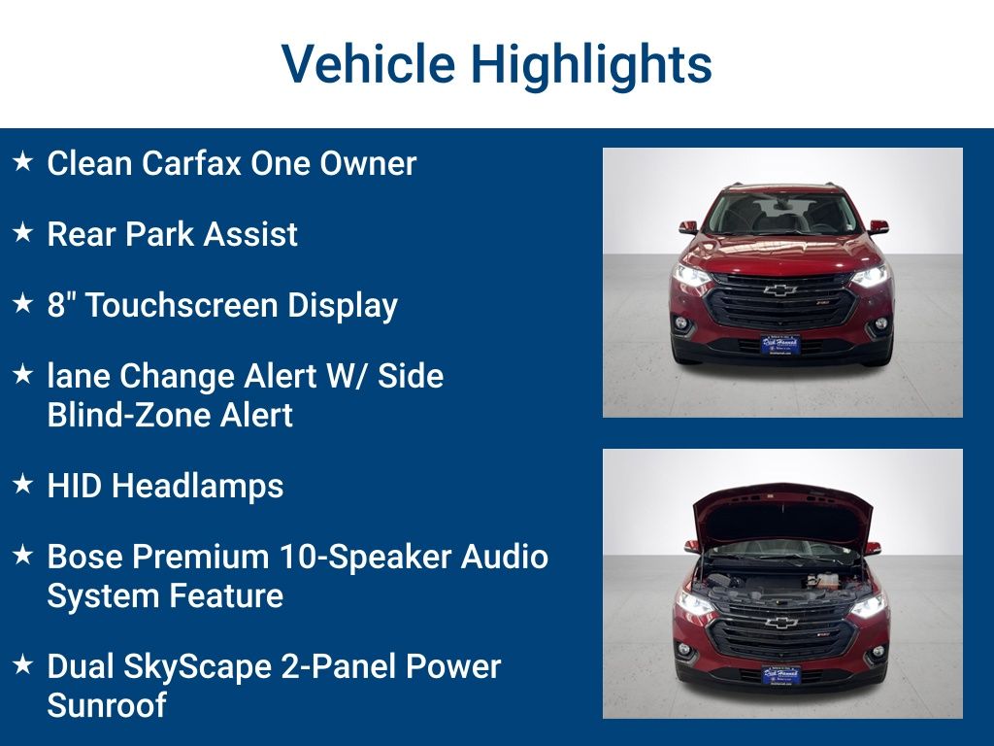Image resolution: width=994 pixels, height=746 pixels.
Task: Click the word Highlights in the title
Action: [x=592, y=64]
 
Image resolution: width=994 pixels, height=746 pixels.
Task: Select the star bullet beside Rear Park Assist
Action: [x=23, y=233]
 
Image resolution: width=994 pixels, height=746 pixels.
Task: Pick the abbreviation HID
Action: [x=75, y=486]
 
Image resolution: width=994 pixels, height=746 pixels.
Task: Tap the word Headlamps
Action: [x=198, y=486]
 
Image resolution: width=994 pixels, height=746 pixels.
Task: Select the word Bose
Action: [x=84, y=557]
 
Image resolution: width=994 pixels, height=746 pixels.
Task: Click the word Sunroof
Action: [x=106, y=705]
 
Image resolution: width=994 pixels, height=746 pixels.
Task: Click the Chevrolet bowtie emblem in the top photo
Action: [x=780, y=289]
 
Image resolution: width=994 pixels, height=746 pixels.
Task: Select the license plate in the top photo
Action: [x=780, y=345]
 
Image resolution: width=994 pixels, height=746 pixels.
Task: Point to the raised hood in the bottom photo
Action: [x=780, y=510]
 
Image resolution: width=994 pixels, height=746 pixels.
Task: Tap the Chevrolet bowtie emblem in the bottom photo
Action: [x=780, y=623]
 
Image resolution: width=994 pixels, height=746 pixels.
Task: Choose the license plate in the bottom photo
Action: [x=780, y=674]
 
